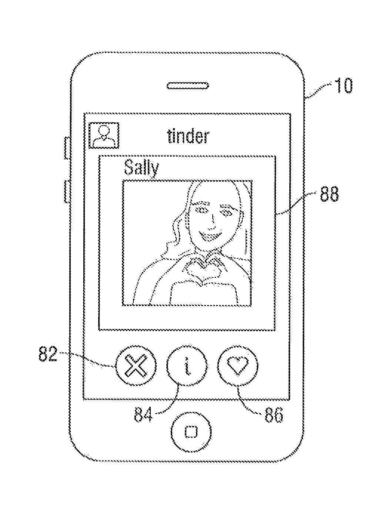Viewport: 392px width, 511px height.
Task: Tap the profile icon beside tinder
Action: pyautogui.click(x=104, y=135)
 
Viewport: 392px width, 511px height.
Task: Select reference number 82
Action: pyautogui.click(x=48, y=354)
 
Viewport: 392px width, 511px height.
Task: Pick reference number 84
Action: pyautogui.click(x=143, y=414)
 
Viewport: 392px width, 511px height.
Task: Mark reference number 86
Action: pyautogui.click(x=273, y=415)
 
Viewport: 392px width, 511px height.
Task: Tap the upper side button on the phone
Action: pyautogui.click(x=67, y=148)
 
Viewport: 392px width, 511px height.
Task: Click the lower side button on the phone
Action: pyautogui.click(x=67, y=191)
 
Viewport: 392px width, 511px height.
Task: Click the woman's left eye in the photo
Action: pyautogui.click(x=225, y=213)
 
